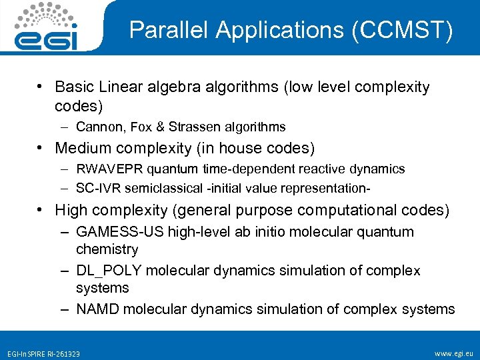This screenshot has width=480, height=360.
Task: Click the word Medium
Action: [x=83, y=147]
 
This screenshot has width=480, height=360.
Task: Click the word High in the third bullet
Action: [x=71, y=210]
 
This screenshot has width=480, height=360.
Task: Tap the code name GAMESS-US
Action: [x=113, y=232]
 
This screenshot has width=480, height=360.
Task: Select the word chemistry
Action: [x=107, y=249]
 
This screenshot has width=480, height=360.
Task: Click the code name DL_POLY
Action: [x=109, y=271]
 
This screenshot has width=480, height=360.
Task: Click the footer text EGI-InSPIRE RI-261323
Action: [x=42, y=353]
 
